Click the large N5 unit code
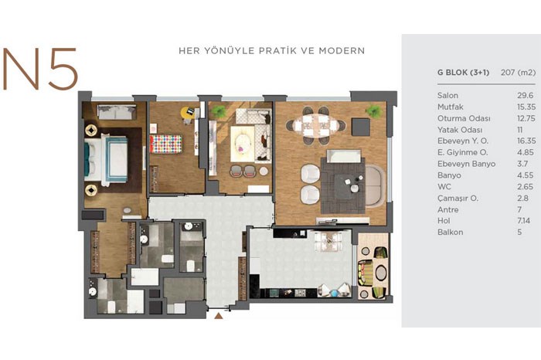point(40,69)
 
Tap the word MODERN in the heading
point(342,51)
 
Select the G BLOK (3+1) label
point(464,73)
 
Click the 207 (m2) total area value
point(519,73)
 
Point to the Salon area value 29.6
point(525,96)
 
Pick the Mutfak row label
point(451,107)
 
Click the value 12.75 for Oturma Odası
point(526,118)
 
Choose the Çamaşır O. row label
point(458,199)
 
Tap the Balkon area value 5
point(519,232)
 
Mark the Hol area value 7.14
point(524,221)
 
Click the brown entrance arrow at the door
point(219,315)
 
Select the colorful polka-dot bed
point(165,144)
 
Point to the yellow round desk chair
point(187,111)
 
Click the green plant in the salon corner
point(373,111)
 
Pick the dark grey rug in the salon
point(343,185)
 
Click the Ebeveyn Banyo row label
point(467,164)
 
